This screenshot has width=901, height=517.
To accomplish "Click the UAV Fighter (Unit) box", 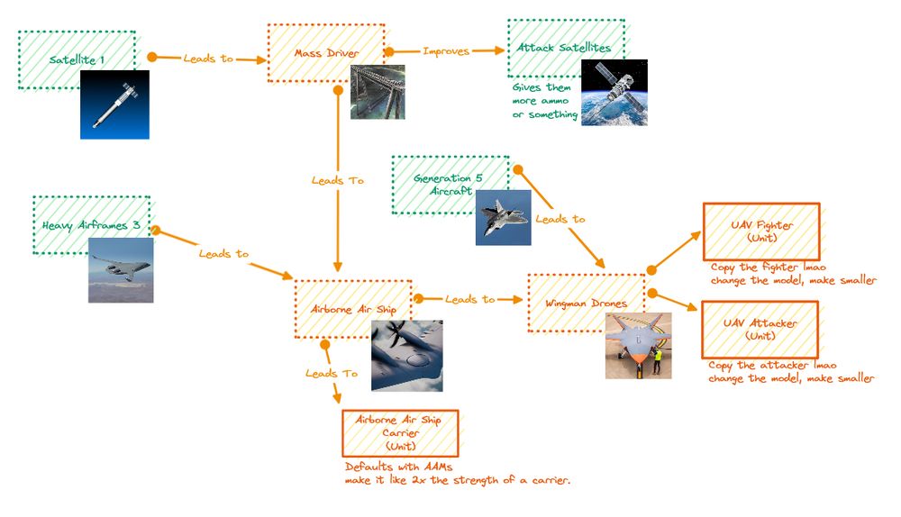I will [x=761, y=232].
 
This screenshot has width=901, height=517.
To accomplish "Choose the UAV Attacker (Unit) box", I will [x=760, y=329].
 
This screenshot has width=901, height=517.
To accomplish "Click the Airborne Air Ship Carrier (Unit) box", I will [x=399, y=433].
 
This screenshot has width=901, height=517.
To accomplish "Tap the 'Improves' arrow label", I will [x=446, y=51].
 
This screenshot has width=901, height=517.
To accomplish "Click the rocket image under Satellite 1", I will [x=114, y=104].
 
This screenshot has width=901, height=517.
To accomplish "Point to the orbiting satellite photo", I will [x=614, y=92].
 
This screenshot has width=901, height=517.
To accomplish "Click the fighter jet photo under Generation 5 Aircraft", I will [x=503, y=218].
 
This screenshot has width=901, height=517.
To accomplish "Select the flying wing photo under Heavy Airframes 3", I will [x=120, y=269].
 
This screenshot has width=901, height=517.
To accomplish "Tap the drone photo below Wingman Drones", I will [x=638, y=345].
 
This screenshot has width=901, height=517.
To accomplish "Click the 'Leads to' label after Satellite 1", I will [x=208, y=58].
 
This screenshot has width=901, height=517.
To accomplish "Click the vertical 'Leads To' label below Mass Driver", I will [x=337, y=180].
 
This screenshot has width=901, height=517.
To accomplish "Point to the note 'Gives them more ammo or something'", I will [x=545, y=101].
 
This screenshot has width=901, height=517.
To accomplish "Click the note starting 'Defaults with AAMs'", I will [x=458, y=474].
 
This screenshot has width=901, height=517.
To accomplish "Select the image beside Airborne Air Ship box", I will [x=406, y=355].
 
